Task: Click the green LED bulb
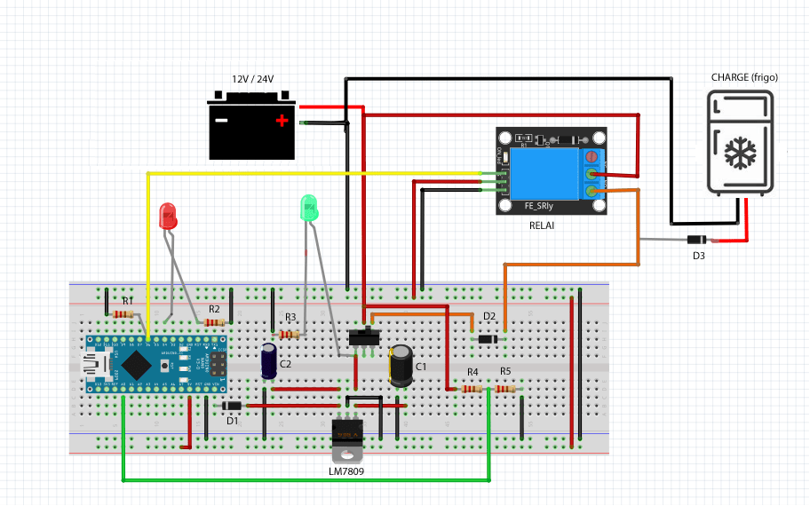[x=309, y=209]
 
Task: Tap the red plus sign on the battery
[x=282, y=121]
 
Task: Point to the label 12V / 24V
[x=253, y=79]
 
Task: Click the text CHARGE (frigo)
[x=744, y=77]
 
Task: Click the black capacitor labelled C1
[x=401, y=367]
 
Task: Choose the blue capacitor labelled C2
[x=268, y=362]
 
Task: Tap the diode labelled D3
[x=698, y=240]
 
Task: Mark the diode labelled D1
[x=232, y=407]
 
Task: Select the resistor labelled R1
[x=123, y=313]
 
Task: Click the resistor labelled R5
[x=505, y=389]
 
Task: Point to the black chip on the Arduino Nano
[x=136, y=363]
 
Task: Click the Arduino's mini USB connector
[x=93, y=364]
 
